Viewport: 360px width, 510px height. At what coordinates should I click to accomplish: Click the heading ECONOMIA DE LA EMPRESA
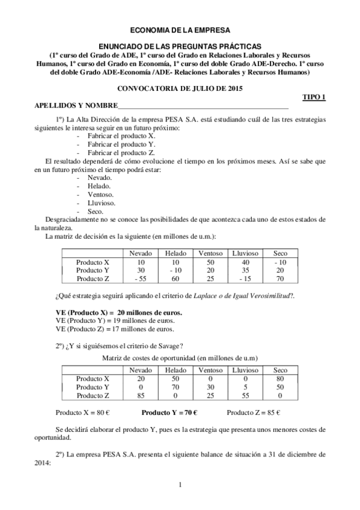click(180, 29)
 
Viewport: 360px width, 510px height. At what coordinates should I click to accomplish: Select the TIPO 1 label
click(313, 97)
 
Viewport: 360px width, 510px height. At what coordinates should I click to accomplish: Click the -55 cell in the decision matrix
click(141, 278)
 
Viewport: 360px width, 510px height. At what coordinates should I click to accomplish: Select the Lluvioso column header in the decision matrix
click(245, 254)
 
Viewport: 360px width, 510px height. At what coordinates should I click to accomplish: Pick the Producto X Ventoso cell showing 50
click(210, 262)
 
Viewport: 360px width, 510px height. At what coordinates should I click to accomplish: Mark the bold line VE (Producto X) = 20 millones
click(119, 313)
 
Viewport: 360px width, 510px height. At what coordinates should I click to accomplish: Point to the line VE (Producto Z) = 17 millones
click(115, 329)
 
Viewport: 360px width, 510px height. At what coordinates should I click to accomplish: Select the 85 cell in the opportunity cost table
click(141, 395)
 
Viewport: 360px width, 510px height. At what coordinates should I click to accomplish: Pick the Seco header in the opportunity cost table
click(280, 370)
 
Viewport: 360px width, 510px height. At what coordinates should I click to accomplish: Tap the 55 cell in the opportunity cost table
click(245, 395)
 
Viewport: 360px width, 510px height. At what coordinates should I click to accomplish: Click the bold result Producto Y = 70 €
click(169, 413)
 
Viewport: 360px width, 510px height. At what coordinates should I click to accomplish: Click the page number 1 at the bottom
click(180, 484)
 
